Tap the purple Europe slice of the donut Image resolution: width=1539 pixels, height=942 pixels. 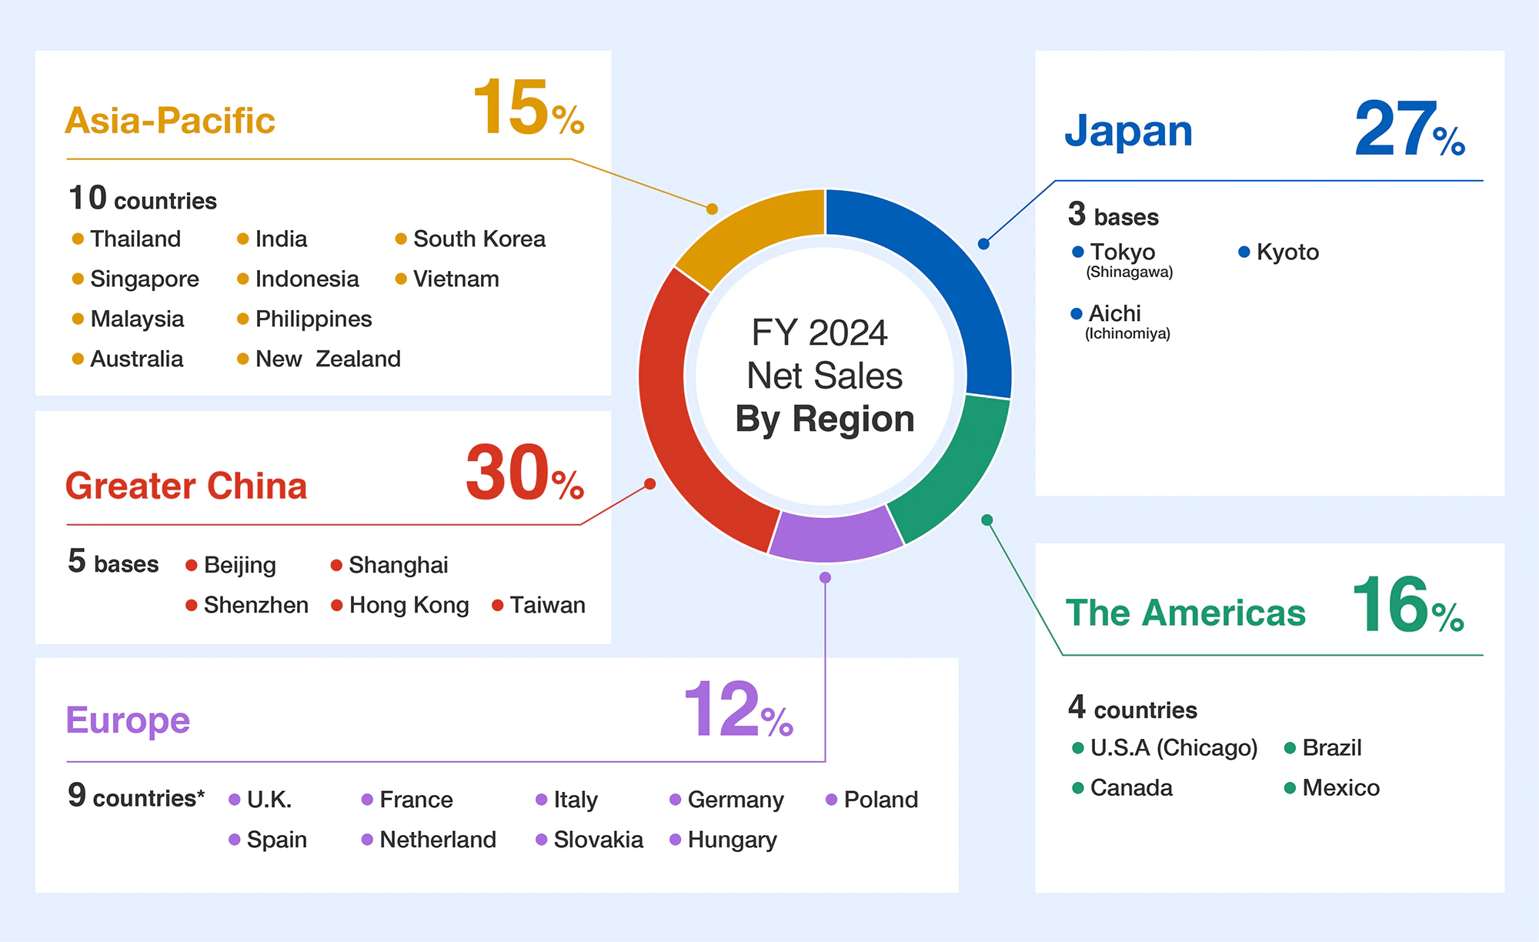(x=835, y=534)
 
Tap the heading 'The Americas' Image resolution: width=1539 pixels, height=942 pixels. (x=1185, y=613)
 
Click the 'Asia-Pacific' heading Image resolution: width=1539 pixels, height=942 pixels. (x=170, y=121)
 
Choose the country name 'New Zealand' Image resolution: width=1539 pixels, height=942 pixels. (x=328, y=359)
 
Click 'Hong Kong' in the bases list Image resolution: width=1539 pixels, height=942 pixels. (x=409, y=605)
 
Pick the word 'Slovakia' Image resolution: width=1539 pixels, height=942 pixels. (x=598, y=840)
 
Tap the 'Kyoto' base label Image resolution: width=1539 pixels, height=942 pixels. (x=1287, y=252)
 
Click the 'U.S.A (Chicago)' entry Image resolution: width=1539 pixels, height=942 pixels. (x=1173, y=747)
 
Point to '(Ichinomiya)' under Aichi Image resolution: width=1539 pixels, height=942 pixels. (x=1127, y=334)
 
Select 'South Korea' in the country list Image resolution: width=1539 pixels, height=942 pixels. (x=479, y=239)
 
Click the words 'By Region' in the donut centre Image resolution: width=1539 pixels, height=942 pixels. (x=825, y=419)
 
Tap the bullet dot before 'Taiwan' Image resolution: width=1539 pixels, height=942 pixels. (x=498, y=606)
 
